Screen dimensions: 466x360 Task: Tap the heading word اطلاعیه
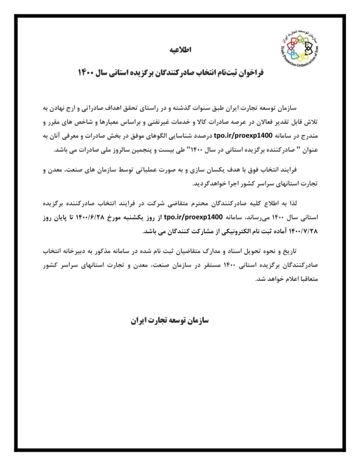point(180,50)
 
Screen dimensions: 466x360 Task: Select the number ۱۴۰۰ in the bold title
point(85,72)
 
